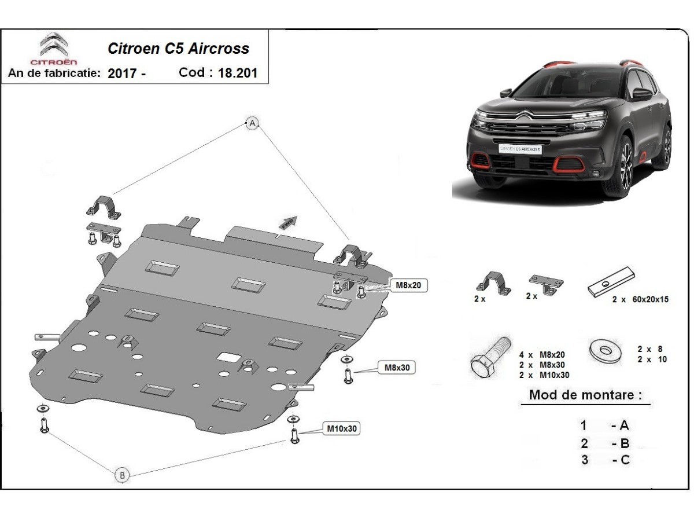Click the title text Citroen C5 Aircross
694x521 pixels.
[x=178, y=49]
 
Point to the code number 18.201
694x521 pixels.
[x=238, y=73]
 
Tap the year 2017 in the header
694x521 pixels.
[x=122, y=74]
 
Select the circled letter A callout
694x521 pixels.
[x=252, y=123]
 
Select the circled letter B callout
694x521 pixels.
[x=123, y=475]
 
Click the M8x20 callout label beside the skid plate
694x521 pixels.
[x=408, y=285]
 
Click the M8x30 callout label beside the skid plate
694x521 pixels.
[x=397, y=367]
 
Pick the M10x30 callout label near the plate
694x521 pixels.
[x=341, y=428]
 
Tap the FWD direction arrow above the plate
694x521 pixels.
[x=288, y=222]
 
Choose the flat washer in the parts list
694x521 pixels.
[x=605, y=351]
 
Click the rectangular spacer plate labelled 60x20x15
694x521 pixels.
[x=611, y=282]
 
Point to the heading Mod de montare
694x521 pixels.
[x=585, y=395]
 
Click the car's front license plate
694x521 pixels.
[x=520, y=149]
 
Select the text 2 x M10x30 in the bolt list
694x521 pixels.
[x=544, y=375]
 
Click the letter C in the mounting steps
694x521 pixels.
[x=625, y=460]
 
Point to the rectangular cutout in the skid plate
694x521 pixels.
[x=228, y=357]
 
